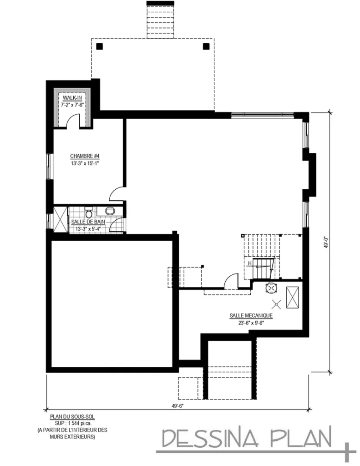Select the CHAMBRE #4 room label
point(82,156)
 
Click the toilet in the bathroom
point(90,213)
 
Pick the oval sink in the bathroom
point(110,211)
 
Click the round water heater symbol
point(272,287)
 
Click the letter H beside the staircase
point(250,263)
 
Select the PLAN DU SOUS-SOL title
point(72,416)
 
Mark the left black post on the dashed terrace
point(100,46)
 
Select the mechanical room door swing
point(231,280)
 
